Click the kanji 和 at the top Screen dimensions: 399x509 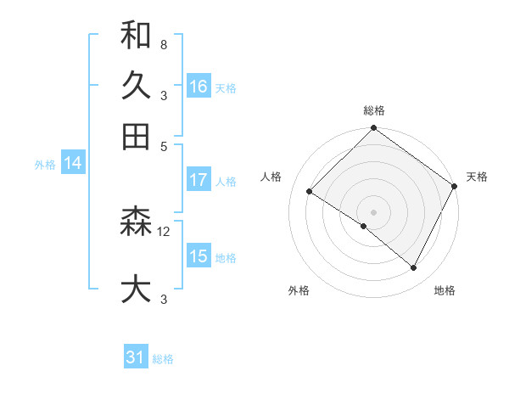(x=136, y=36)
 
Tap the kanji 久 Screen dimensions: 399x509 (x=136, y=86)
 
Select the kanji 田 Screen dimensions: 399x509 (x=136, y=136)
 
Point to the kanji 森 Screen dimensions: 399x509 (x=136, y=222)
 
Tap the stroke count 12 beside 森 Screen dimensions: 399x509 (x=165, y=231)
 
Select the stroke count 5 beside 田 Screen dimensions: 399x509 (x=163, y=145)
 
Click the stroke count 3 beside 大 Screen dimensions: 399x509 (x=163, y=298)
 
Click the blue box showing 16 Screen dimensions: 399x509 (x=199, y=87)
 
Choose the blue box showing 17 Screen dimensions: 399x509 (x=199, y=180)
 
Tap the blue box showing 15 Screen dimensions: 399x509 (x=199, y=256)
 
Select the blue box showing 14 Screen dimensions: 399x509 (x=73, y=164)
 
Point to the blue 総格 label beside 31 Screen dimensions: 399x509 (x=164, y=359)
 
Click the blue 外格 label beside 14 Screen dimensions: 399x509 (x=44, y=165)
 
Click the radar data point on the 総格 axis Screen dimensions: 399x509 (x=373, y=129)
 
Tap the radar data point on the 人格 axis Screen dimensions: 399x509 (x=310, y=192)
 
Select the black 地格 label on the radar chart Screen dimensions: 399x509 (x=445, y=291)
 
